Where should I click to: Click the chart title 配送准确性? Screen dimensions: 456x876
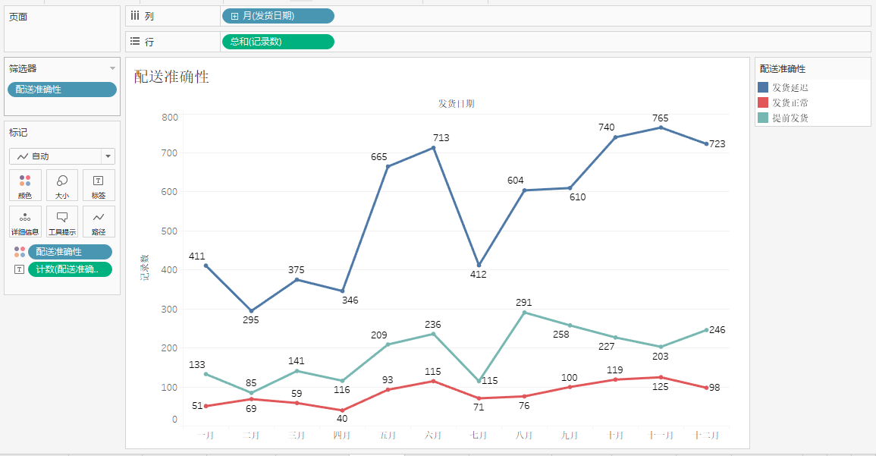click(x=171, y=77)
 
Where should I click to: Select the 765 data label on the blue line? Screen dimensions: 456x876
click(x=661, y=118)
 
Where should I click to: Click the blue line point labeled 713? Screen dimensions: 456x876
click(x=433, y=147)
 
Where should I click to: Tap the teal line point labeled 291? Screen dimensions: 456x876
click(x=524, y=313)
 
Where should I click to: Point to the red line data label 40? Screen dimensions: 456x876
click(x=342, y=419)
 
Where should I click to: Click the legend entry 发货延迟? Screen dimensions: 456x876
click(x=790, y=88)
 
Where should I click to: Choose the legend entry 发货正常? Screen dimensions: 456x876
click(x=790, y=103)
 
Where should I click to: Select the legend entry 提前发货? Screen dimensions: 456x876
click(x=790, y=118)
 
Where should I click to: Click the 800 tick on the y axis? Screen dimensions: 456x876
click(x=168, y=117)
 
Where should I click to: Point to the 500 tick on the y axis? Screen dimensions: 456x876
click(x=168, y=231)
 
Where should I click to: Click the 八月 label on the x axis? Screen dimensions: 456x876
click(x=524, y=436)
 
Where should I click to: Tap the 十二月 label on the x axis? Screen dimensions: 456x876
click(x=706, y=436)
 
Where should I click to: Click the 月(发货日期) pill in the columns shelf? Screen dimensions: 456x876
click(x=278, y=16)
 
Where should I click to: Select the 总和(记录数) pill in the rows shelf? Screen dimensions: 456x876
click(x=278, y=42)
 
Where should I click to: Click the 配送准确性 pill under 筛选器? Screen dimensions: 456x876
click(x=62, y=90)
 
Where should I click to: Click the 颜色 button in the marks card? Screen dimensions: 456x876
click(x=25, y=185)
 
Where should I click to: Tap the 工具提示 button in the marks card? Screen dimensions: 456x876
click(x=62, y=222)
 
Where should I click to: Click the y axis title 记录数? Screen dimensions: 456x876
click(x=144, y=268)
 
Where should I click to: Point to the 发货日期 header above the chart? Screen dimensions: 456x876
click(x=457, y=104)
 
